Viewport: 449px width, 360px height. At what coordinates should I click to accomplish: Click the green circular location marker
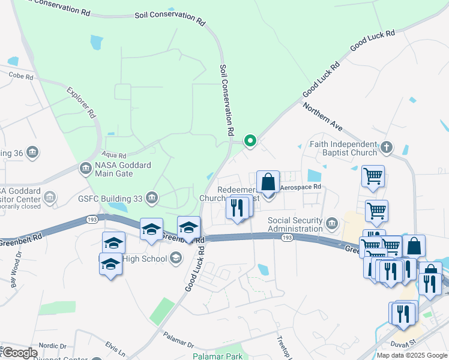coord(250,141)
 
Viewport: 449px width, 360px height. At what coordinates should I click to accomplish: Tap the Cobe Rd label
coord(21,76)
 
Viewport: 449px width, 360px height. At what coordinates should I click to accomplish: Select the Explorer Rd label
coord(81,103)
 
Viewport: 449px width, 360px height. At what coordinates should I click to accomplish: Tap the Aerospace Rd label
coord(301,187)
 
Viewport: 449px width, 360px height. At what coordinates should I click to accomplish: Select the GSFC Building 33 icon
coord(152,198)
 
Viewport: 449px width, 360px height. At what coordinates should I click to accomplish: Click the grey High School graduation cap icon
coord(175,258)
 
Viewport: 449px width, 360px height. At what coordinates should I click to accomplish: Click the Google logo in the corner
coord(19,352)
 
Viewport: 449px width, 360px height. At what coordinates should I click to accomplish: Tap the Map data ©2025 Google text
coord(412,355)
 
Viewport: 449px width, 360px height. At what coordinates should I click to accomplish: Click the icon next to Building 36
coord(32,152)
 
